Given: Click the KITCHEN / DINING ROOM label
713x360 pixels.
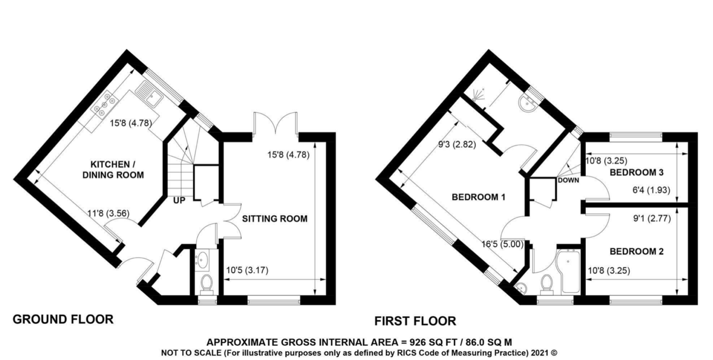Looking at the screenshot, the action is pyautogui.click(x=113, y=170).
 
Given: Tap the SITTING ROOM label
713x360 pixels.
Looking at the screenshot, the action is pyautogui.click(x=275, y=219).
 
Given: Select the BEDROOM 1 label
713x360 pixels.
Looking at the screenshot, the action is pyautogui.click(x=478, y=197).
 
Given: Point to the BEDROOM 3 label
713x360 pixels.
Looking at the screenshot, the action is pyautogui.click(x=636, y=172).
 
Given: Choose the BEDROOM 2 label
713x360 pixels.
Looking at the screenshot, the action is pyautogui.click(x=636, y=251).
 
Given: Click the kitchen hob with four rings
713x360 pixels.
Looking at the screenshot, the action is pyautogui.click(x=105, y=103).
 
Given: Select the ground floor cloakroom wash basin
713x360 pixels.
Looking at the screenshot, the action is pyautogui.click(x=202, y=259).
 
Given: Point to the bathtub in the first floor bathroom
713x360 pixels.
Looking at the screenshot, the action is pyautogui.click(x=569, y=271).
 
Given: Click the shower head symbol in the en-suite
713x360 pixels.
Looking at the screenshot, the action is pyautogui.click(x=477, y=95).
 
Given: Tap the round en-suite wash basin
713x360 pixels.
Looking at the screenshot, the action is pyautogui.click(x=528, y=103).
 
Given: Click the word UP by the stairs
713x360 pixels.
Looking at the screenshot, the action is pyautogui.click(x=179, y=201).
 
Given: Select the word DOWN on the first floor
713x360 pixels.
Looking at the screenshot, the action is pyautogui.click(x=568, y=180).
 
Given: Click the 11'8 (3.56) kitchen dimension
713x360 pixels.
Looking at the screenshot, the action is pyautogui.click(x=109, y=213).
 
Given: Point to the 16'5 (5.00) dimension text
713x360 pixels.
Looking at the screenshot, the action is pyautogui.click(x=502, y=244).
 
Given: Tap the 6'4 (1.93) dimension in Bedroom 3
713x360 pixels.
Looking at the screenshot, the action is pyautogui.click(x=651, y=190).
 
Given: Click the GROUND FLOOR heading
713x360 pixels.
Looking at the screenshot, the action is pyautogui.click(x=63, y=319).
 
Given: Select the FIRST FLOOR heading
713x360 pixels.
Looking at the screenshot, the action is pyautogui.click(x=415, y=321).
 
